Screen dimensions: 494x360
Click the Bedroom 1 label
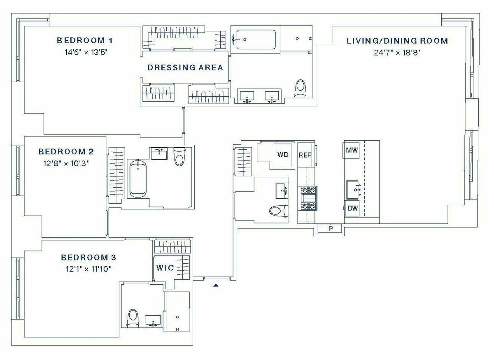click(x=85, y=41)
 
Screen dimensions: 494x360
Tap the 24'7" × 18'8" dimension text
click(x=397, y=53)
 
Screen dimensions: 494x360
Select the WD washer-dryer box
click(x=283, y=155)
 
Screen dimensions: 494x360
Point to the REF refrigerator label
click(x=305, y=155)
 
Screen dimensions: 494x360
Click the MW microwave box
click(x=352, y=150)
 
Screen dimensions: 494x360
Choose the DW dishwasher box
click(x=352, y=208)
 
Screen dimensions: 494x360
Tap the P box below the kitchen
click(x=330, y=228)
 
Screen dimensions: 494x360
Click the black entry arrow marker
click(x=216, y=286)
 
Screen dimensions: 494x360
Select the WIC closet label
click(x=165, y=268)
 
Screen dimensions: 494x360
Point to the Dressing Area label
click(x=185, y=67)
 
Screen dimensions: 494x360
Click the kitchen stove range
click(x=309, y=198)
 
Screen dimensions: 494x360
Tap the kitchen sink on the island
click(x=353, y=190)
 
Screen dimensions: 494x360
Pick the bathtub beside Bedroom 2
click(x=138, y=179)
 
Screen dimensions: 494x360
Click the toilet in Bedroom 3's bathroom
click(x=133, y=318)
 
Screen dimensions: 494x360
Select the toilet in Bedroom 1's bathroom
click(x=301, y=88)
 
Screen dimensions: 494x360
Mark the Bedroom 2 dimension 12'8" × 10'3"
click(x=66, y=164)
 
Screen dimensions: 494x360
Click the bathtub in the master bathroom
click(x=256, y=39)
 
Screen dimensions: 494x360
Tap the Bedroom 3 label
click(x=89, y=258)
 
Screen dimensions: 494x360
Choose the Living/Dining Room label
click(x=397, y=41)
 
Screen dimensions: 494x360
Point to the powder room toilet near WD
click(x=279, y=211)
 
